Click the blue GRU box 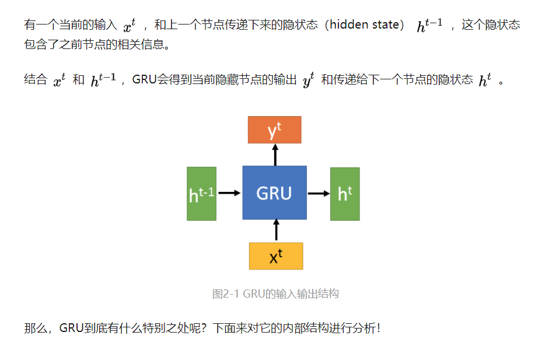coord(274,193)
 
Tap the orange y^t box coord(274,130)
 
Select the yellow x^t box coord(275,256)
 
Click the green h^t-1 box coord(201,194)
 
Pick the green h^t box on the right coord(345,194)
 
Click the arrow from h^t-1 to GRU coord(229,193)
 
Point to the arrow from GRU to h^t coord(319,193)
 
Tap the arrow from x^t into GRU coord(275,230)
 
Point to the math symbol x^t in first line coord(129,26)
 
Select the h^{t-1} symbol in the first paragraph coord(429,26)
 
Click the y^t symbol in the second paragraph coord(308,81)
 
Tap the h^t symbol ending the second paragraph coord(485,81)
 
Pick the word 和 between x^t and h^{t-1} coord(78,81)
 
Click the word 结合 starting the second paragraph coord(35,81)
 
